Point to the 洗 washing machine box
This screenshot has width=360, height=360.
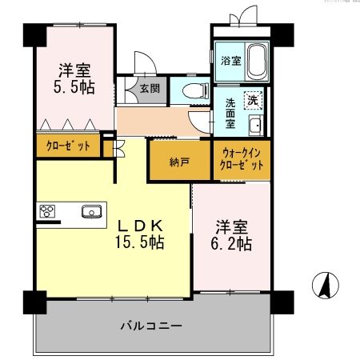(x=252, y=101)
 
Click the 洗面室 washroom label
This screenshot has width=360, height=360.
(x=229, y=114)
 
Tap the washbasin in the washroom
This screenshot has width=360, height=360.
(x=255, y=125)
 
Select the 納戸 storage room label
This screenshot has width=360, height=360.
(x=179, y=162)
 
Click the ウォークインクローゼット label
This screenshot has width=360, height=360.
(x=242, y=158)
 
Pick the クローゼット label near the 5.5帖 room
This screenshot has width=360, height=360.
(x=67, y=146)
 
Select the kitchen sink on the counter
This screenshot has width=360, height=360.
(x=90, y=211)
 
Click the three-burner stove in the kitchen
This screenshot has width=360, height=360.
(x=48, y=211)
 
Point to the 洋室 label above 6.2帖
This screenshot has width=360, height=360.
(x=233, y=225)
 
